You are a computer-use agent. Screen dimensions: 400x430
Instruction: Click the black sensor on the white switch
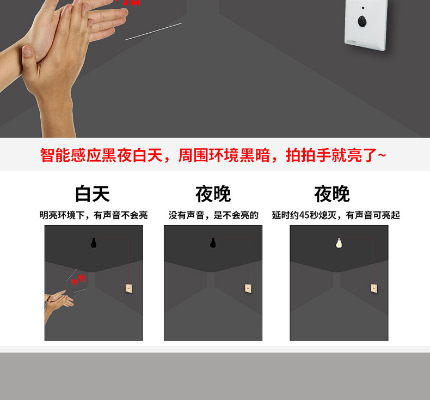361,23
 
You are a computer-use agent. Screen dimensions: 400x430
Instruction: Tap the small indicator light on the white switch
361,9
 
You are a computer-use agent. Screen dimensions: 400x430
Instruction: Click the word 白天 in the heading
93,194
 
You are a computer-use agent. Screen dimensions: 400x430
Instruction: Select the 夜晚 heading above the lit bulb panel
332,194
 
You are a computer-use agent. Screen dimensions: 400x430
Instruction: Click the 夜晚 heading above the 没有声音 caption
213,194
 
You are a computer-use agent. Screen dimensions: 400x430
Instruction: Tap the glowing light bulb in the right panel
339,243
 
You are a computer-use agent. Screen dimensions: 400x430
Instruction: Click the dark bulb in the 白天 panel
94,243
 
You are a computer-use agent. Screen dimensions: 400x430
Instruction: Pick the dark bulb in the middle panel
213,243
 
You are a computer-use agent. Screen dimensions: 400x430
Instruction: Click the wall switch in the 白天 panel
128,288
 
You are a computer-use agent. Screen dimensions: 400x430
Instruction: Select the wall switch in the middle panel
248,288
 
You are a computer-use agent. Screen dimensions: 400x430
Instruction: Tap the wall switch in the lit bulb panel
374,288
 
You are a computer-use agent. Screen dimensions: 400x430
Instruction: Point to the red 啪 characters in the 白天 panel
79,279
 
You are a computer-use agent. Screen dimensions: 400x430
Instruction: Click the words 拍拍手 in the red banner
309,155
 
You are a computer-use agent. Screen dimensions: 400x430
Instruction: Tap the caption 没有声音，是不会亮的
213,215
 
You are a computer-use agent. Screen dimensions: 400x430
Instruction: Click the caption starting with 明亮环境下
93,215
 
